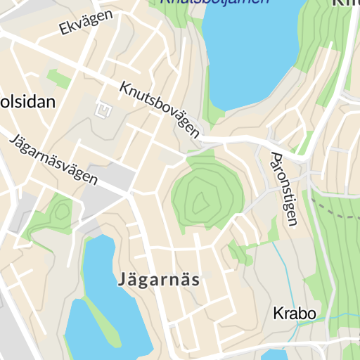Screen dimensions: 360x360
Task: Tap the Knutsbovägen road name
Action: pos(160,109)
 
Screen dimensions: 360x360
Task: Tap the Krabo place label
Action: pos(295,313)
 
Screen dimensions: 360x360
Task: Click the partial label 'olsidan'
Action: pos(28,102)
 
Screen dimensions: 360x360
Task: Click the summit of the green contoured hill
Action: pos(200,203)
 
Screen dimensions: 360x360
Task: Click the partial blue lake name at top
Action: pos(214,2)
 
